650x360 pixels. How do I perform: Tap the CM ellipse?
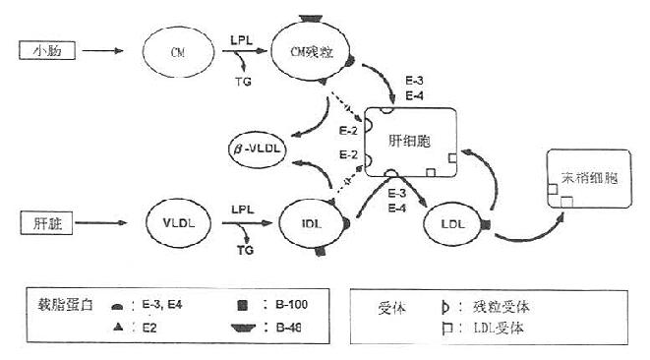tap(178, 49)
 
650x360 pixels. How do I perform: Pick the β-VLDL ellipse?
tap(262, 150)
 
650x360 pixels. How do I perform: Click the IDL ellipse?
tap(314, 226)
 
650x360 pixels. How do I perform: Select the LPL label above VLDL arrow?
tap(243, 210)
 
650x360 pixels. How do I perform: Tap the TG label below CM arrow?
tap(243, 82)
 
